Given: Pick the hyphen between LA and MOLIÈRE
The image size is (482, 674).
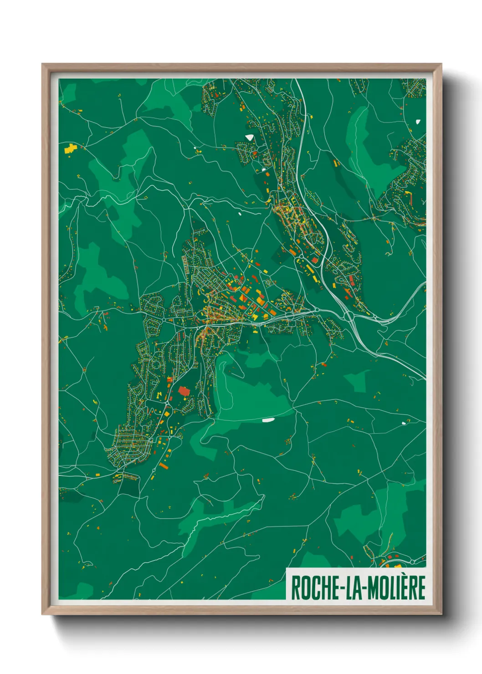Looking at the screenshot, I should point(364,588).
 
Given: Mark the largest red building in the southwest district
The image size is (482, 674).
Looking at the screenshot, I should point(184,391).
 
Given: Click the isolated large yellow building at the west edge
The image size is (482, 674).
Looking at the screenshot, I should point(70,148).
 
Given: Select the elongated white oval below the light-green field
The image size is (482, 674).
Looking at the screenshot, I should point(268,420).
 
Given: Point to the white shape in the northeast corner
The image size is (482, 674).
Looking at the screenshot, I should point(418,122).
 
